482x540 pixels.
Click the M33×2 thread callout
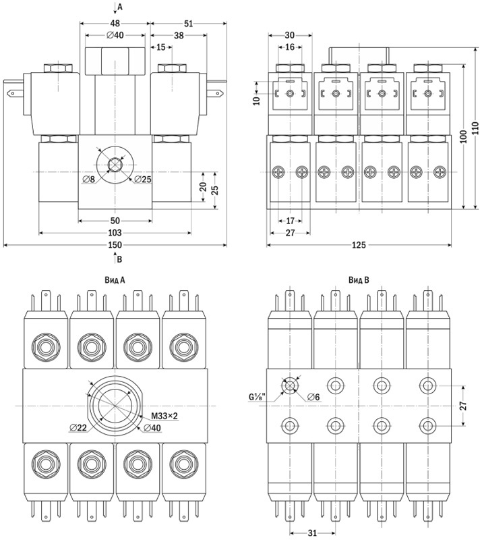164,415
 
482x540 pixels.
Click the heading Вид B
358,279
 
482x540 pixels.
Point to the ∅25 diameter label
142,179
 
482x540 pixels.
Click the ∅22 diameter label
80,428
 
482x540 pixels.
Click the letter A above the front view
120,7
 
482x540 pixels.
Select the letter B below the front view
120,259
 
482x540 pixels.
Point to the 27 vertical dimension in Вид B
472,405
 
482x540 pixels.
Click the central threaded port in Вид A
115,405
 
